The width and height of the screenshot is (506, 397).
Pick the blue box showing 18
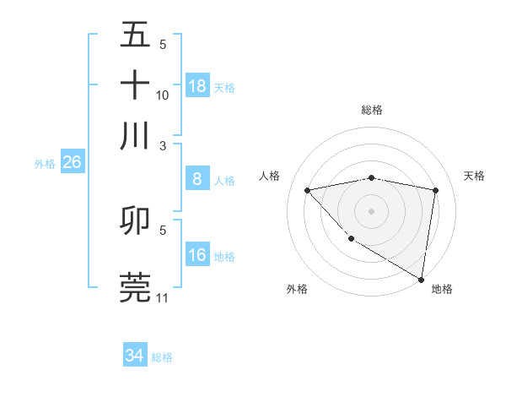(x=197, y=85)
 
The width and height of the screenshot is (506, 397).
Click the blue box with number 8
(x=197, y=178)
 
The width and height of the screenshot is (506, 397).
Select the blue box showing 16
(x=197, y=254)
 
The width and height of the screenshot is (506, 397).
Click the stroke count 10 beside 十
(x=163, y=95)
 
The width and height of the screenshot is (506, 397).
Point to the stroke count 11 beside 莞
(x=163, y=298)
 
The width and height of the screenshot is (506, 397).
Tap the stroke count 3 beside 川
(x=164, y=145)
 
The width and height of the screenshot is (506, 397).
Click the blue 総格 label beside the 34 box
(x=162, y=357)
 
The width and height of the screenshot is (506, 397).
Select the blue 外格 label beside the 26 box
(x=44, y=164)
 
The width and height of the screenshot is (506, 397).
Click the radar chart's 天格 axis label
(x=475, y=176)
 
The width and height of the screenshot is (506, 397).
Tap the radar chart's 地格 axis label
(x=442, y=289)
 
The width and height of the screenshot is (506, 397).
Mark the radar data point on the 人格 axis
(x=308, y=190)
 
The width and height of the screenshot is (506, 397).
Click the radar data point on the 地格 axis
(x=422, y=279)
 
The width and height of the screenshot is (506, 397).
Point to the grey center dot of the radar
(x=371, y=210)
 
